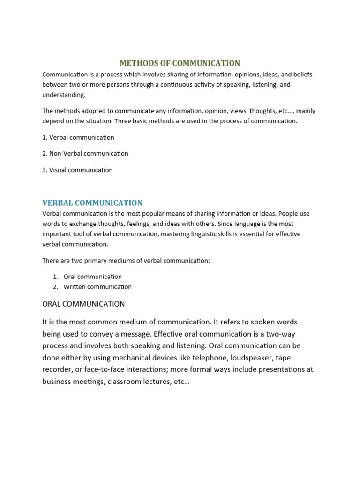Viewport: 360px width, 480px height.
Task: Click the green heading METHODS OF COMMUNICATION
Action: pyautogui.click(x=180, y=63)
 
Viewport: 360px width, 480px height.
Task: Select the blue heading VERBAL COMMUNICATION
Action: pyautogui.click(x=92, y=203)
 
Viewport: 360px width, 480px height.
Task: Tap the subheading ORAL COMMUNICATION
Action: pyautogui.click(x=83, y=304)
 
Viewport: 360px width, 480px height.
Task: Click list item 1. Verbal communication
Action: pyautogui.click(x=78, y=137)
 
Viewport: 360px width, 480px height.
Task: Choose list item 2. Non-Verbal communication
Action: pyautogui.click(x=85, y=153)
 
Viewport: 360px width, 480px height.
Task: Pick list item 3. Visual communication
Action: pyautogui.click(x=77, y=170)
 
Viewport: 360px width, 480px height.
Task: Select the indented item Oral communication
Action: pyautogui.click(x=92, y=277)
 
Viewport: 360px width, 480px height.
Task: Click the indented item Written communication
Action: pyautogui.click(x=97, y=286)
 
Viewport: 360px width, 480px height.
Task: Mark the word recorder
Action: pyautogui.click(x=56, y=369)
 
